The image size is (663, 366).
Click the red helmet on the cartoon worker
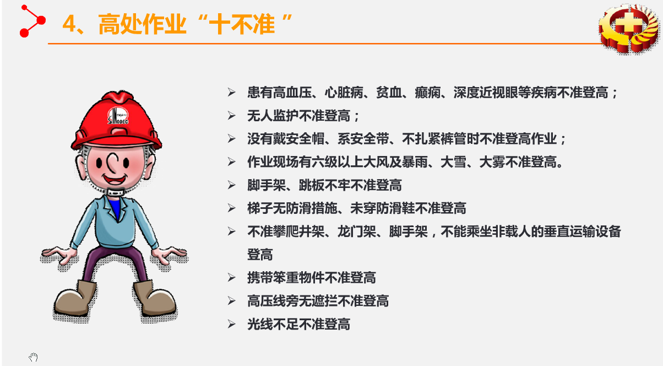(x=116, y=121)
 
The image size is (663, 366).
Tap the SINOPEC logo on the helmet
(x=118, y=116)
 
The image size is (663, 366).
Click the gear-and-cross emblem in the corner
(x=629, y=29)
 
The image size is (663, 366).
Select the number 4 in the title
(x=69, y=24)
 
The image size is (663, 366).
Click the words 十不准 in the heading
(x=242, y=24)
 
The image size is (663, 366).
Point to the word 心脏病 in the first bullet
(x=344, y=93)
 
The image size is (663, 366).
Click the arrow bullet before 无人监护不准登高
(x=231, y=116)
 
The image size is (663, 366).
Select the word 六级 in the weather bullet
(x=325, y=162)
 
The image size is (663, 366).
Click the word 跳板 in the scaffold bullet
(x=312, y=185)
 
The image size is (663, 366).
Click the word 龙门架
(x=357, y=232)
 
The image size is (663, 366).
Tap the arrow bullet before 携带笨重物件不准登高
(x=231, y=278)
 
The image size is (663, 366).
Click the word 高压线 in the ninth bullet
(x=267, y=301)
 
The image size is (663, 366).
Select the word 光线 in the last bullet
(x=260, y=324)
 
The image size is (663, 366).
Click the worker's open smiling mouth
(x=115, y=179)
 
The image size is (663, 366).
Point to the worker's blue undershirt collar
(x=115, y=208)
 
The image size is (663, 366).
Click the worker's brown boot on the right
(x=155, y=299)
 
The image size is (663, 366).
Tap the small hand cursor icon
(x=34, y=357)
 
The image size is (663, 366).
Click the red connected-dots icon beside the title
(x=32, y=21)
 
